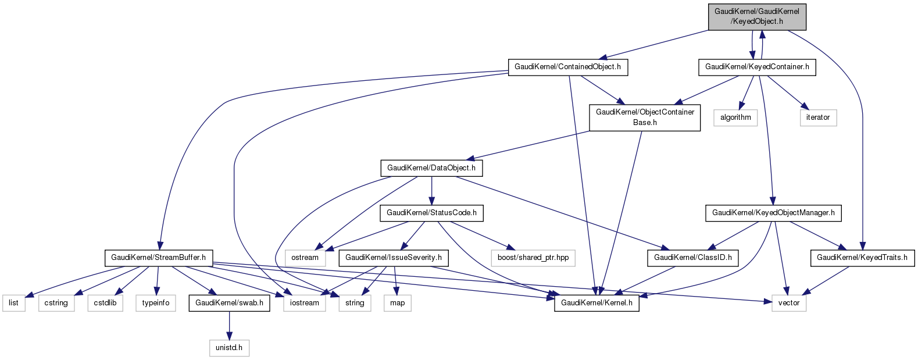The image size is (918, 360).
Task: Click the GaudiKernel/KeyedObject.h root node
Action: click(x=756, y=16)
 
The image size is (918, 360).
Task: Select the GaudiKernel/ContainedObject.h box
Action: click(x=567, y=67)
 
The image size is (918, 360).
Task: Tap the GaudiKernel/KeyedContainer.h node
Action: click(x=757, y=67)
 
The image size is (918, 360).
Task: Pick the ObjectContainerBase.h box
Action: click(x=645, y=117)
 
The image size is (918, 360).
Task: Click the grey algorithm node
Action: click(x=735, y=117)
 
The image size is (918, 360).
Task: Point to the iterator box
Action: click(x=817, y=117)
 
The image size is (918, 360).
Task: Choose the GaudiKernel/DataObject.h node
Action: click(x=431, y=168)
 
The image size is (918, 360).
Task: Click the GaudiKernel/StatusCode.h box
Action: click(x=431, y=213)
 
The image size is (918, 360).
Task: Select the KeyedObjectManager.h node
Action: click(x=773, y=213)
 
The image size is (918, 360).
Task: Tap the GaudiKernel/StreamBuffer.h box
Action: click(x=159, y=258)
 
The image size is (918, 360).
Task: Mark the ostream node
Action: click(x=305, y=258)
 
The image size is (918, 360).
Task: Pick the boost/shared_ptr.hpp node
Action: click(x=533, y=258)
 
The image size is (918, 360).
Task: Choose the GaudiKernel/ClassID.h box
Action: click(x=692, y=258)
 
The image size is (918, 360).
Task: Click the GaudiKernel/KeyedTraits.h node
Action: click(x=862, y=258)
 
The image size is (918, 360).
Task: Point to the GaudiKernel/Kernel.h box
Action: click(x=596, y=303)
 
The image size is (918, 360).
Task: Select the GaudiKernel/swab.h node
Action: click(x=229, y=303)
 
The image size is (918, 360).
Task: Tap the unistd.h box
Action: click(x=229, y=348)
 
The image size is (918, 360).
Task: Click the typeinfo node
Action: click(x=156, y=303)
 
